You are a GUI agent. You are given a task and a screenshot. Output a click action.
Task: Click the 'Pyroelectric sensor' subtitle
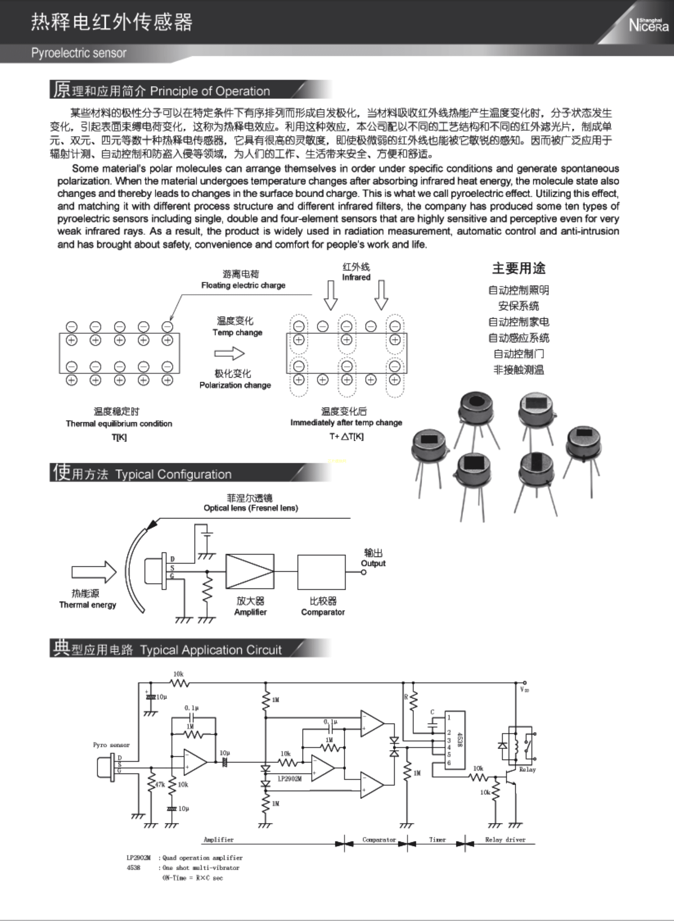click(79, 53)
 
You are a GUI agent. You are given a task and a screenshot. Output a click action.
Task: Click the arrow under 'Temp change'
click(229, 353)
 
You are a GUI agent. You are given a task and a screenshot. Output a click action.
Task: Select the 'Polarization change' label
click(235, 385)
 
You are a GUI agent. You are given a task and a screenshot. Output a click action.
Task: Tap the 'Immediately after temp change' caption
click(346, 422)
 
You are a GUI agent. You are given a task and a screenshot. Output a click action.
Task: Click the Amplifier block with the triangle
click(250, 571)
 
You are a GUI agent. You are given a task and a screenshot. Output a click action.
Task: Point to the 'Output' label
click(373, 563)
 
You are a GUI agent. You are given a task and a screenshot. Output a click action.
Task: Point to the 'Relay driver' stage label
click(505, 840)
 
